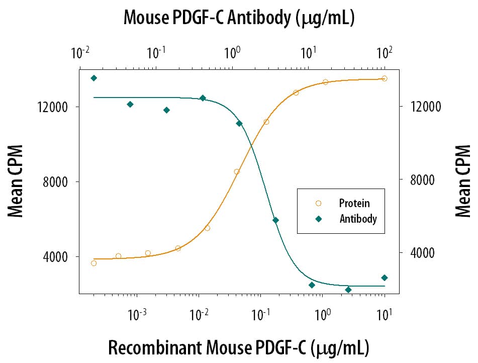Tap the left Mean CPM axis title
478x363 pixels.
(16, 181)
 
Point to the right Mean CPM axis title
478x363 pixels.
(462, 181)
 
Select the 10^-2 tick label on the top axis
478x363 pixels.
(80, 52)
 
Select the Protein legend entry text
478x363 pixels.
(354, 203)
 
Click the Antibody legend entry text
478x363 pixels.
(358, 219)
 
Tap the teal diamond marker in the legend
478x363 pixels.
(318, 219)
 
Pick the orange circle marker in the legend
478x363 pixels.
(318, 203)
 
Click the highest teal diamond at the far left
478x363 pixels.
(93, 78)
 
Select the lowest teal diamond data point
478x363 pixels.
(348, 290)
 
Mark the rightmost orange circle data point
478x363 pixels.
(385, 78)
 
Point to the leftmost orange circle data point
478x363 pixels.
(93, 263)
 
